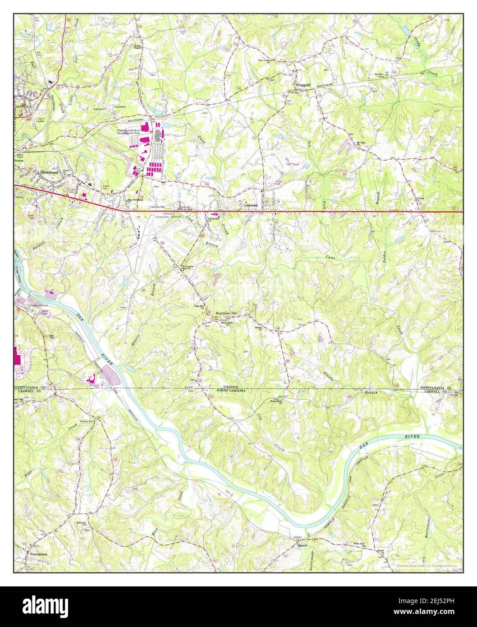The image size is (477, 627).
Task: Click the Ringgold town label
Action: (303, 84)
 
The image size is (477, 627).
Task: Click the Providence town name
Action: (38, 553)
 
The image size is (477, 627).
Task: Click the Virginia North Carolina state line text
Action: (230, 388)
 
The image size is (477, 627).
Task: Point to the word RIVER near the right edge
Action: (412, 437)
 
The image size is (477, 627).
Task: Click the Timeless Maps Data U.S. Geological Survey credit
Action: (427, 565)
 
